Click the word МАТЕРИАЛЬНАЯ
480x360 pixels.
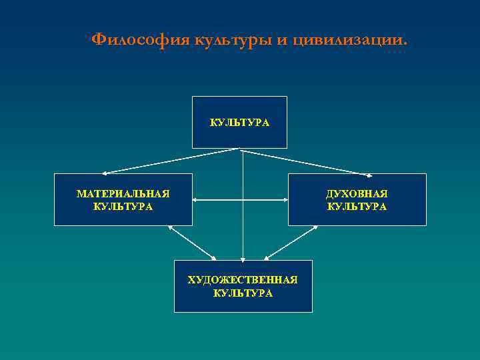click(123, 193)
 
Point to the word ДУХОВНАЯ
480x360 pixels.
click(357, 193)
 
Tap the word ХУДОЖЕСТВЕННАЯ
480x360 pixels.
click(243, 280)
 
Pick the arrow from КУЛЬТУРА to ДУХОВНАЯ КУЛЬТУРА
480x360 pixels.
click(307, 162)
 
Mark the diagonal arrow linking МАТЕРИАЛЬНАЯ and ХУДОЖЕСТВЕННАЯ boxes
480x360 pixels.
click(193, 243)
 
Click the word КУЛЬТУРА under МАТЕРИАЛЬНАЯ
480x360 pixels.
click(123, 207)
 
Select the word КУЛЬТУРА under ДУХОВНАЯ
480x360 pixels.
click(357, 207)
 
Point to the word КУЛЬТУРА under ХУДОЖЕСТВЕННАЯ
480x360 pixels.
click(243, 293)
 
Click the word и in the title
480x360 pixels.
click(282, 39)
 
